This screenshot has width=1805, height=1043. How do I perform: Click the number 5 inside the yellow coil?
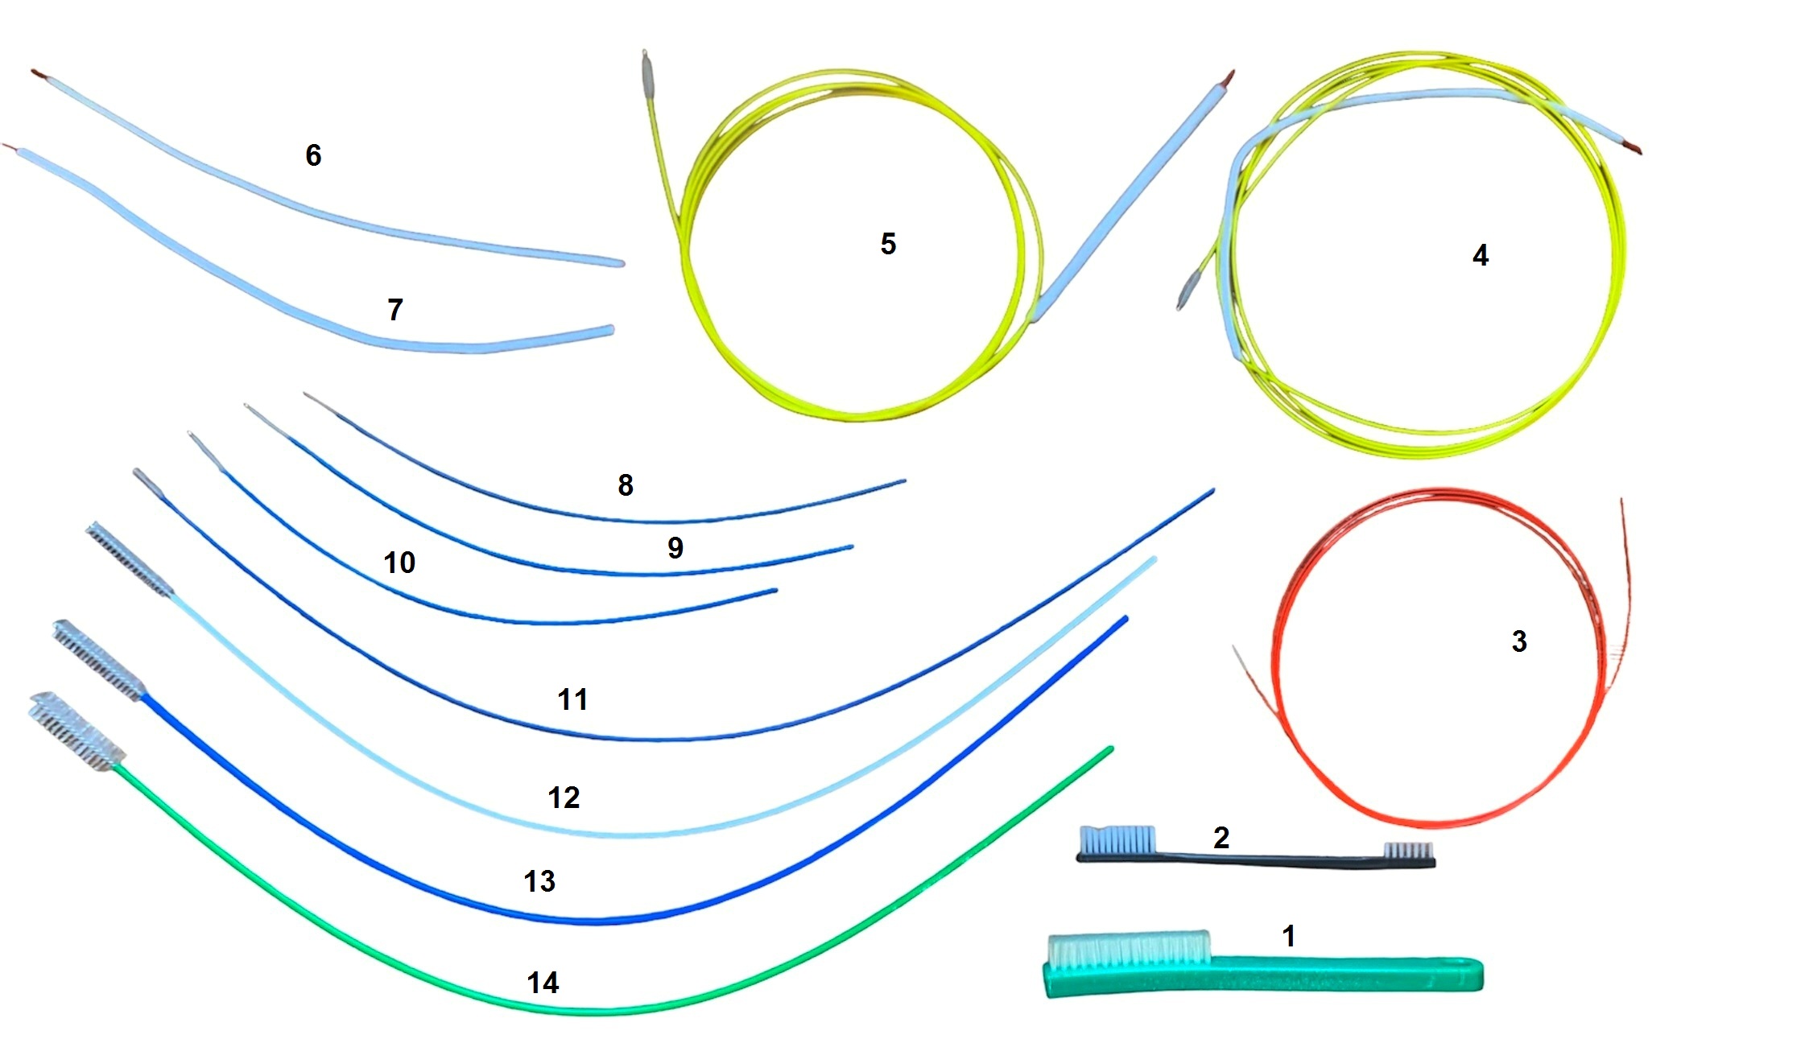[888, 244]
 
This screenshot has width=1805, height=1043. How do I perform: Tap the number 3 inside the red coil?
[1518, 641]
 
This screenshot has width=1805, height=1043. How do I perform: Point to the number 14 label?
[543, 983]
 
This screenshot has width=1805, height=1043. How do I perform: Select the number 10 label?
[399, 563]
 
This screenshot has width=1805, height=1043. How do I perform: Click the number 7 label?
[394, 310]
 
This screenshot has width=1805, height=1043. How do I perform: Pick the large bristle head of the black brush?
[1117, 840]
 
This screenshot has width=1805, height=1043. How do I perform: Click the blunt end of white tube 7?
[609, 330]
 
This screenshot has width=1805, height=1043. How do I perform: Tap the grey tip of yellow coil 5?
[646, 72]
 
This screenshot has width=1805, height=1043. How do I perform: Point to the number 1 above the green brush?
[1288, 936]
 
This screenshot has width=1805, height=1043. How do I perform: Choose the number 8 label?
[626, 485]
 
